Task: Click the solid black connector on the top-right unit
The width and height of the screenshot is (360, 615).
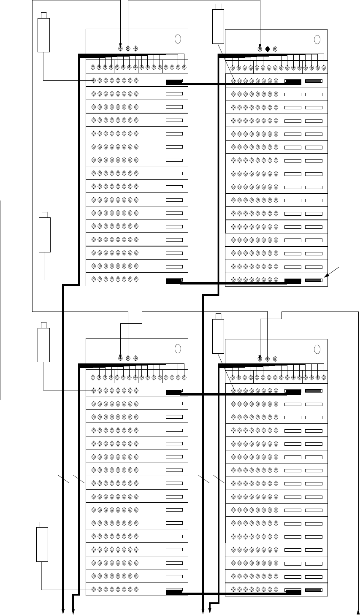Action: coord(267,49)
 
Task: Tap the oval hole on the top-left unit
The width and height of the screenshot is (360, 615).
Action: coord(178,39)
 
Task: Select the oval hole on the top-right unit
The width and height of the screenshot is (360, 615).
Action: coord(318,39)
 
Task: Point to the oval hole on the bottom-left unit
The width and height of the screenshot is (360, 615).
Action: coord(178,349)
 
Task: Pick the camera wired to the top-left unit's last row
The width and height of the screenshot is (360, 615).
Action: coord(45,233)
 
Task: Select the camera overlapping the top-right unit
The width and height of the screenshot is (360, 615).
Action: coord(219,24)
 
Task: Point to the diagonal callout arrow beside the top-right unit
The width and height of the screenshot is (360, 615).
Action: coord(333,272)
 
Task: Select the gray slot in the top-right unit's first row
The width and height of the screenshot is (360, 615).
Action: coord(314,81)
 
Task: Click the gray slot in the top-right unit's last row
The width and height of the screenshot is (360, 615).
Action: coord(314,279)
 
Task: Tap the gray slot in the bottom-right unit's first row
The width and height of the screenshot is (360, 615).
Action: coord(314,391)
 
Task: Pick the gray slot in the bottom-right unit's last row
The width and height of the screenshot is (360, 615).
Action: coord(314,590)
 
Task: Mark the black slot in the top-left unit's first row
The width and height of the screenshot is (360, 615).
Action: coord(174,81)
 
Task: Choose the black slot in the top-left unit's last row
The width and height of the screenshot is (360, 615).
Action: coord(174,280)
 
